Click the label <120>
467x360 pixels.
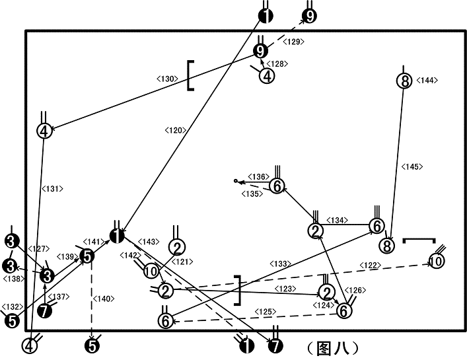176,130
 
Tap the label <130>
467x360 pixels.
167,79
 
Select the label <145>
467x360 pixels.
412,166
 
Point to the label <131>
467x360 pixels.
52,189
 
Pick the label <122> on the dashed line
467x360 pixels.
370,266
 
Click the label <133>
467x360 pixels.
280,264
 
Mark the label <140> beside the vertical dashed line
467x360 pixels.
104,299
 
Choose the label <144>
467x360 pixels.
427,81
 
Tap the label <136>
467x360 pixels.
258,176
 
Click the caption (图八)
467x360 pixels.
333,348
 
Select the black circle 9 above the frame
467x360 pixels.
309,16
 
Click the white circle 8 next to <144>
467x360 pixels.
404,81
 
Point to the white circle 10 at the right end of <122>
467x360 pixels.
436,261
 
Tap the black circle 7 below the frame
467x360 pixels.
275,346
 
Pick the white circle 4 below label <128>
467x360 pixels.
267,76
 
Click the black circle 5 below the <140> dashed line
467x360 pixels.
92,346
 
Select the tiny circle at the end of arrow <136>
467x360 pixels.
236,181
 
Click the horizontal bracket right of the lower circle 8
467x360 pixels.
419,239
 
